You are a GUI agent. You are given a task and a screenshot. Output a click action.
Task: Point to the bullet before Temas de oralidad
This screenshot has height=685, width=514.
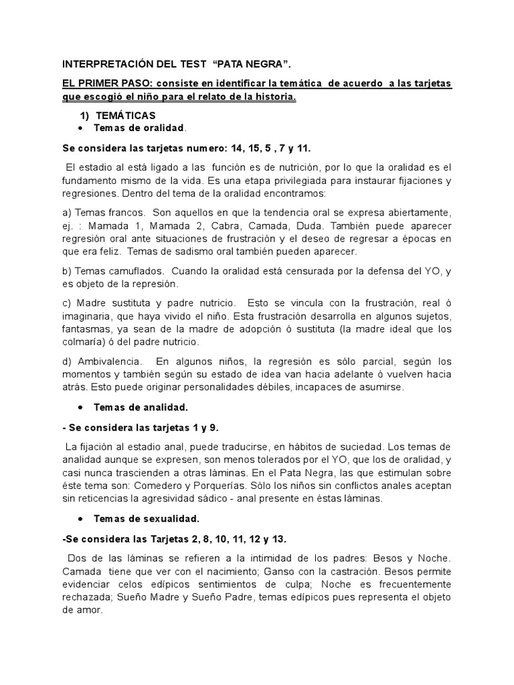80,128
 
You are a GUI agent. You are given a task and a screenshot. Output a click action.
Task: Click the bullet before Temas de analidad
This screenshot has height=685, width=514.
80,407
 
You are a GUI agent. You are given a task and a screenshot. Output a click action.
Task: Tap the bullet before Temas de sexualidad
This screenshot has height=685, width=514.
80,518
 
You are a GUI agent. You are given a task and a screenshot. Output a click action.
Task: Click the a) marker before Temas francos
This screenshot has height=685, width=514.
67,212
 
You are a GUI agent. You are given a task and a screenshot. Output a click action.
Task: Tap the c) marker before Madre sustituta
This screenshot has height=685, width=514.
67,304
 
